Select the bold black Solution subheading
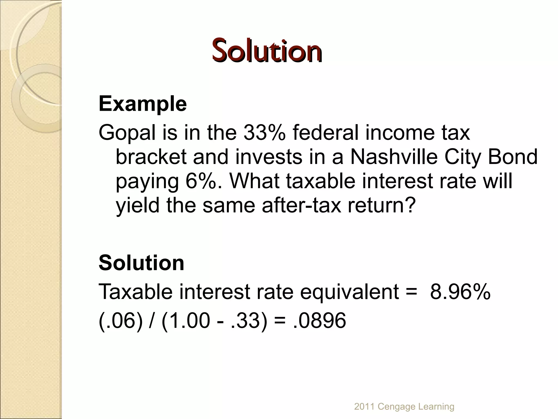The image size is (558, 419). [x=141, y=263]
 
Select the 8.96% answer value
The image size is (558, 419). [x=460, y=292]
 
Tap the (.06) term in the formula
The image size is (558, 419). [x=120, y=320]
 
